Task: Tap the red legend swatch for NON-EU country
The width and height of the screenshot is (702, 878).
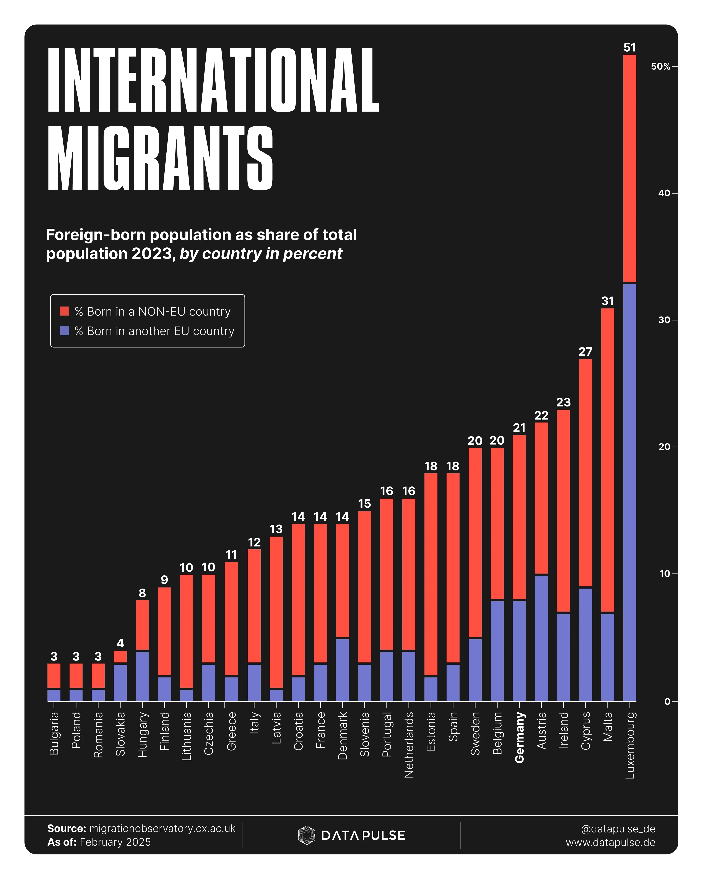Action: tap(64, 311)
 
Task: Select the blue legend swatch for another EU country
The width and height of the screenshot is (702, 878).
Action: tap(64, 331)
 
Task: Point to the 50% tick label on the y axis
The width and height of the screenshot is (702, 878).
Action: tap(660, 66)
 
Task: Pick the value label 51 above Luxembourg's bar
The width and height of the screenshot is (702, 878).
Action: tap(630, 48)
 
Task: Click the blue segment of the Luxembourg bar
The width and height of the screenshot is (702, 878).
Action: tap(630, 489)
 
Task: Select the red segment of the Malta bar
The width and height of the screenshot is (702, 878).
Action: tap(608, 460)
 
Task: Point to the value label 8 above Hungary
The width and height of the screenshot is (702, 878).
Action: tap(142, 593)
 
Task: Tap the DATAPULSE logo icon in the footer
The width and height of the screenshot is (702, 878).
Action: tap(306, 835)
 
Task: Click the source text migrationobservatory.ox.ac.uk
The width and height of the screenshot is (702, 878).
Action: tap(162, 828)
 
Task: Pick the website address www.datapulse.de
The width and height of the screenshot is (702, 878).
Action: tap(610, 842)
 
